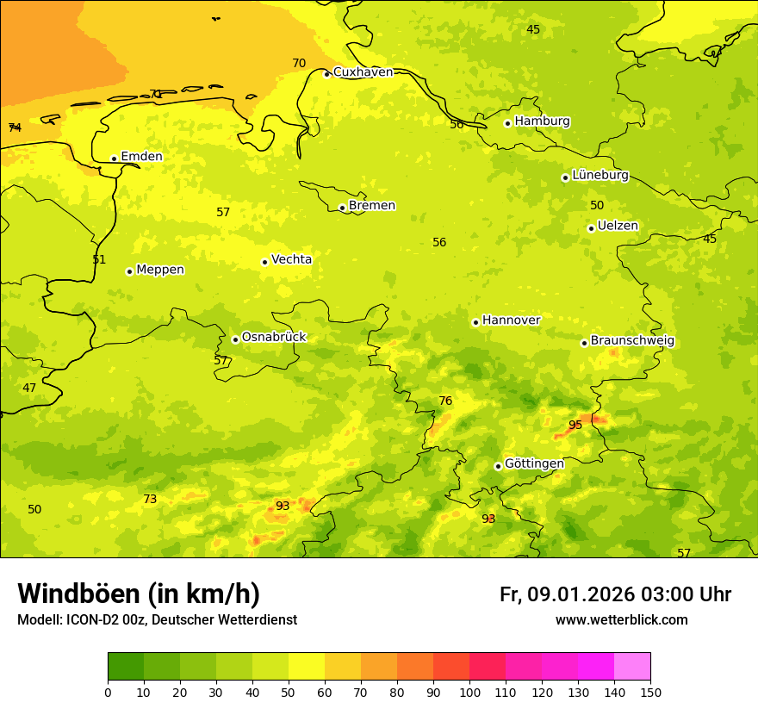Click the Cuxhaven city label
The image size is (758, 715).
point(363,72)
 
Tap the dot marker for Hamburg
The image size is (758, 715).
point(508,123)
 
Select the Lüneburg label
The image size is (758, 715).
point(600,175)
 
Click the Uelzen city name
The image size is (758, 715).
point(618,226)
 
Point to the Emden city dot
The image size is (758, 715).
point(114,159)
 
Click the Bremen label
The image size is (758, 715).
point(372,205)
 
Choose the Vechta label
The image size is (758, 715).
point(291,259)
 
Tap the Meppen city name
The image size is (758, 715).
point(160,270)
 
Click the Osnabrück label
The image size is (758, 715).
point(274,337)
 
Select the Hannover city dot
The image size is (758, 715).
point(475,322)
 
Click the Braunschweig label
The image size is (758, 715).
point(632,341)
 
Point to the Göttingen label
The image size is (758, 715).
point(534,463)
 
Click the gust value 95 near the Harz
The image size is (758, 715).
point(575,425)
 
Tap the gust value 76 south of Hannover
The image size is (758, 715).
point(445,401)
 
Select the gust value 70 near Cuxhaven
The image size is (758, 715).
point(299,63)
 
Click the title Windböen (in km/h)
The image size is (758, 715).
point(139,594)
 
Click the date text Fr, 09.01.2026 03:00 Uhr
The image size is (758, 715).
point(615,594)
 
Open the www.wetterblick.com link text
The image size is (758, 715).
point(621,619)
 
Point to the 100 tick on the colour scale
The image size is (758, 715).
point(469,692)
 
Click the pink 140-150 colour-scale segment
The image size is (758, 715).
point(632,666)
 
